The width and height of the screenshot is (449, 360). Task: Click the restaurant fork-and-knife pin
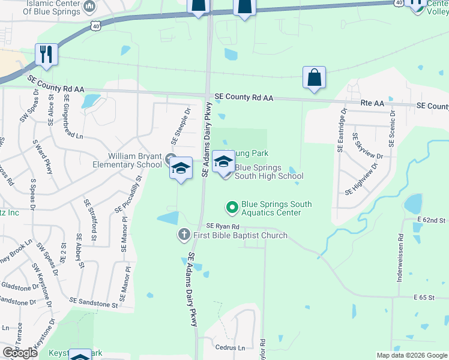tap(46, 54)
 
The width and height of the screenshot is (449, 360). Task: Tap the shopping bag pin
tap(314, 77)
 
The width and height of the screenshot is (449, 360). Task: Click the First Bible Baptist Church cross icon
tap(184, 235)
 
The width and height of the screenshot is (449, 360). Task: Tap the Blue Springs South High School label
tap(268, 172)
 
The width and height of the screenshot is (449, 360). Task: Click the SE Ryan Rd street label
tap(223, 226)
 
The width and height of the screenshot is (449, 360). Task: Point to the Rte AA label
tap(372, 103)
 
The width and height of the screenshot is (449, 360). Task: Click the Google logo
tap(20, 353)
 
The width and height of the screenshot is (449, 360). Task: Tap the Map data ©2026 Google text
tap(411, 355)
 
